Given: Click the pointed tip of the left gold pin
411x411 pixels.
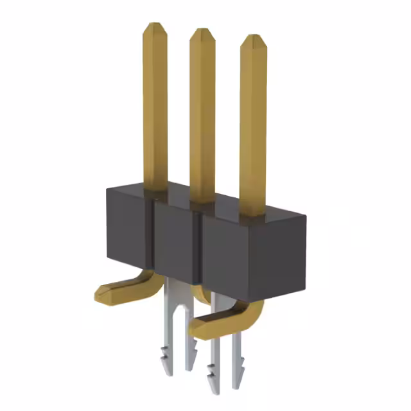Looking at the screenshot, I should click(x=155, y=28).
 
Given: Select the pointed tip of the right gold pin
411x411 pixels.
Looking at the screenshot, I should click(x=253, y=39).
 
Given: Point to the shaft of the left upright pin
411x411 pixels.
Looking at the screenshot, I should click(x=155, y=109).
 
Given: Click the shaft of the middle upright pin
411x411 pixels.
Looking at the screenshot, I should click(x=202, y=116).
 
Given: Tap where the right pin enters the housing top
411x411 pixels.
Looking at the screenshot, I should click(x=252, y=216).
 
